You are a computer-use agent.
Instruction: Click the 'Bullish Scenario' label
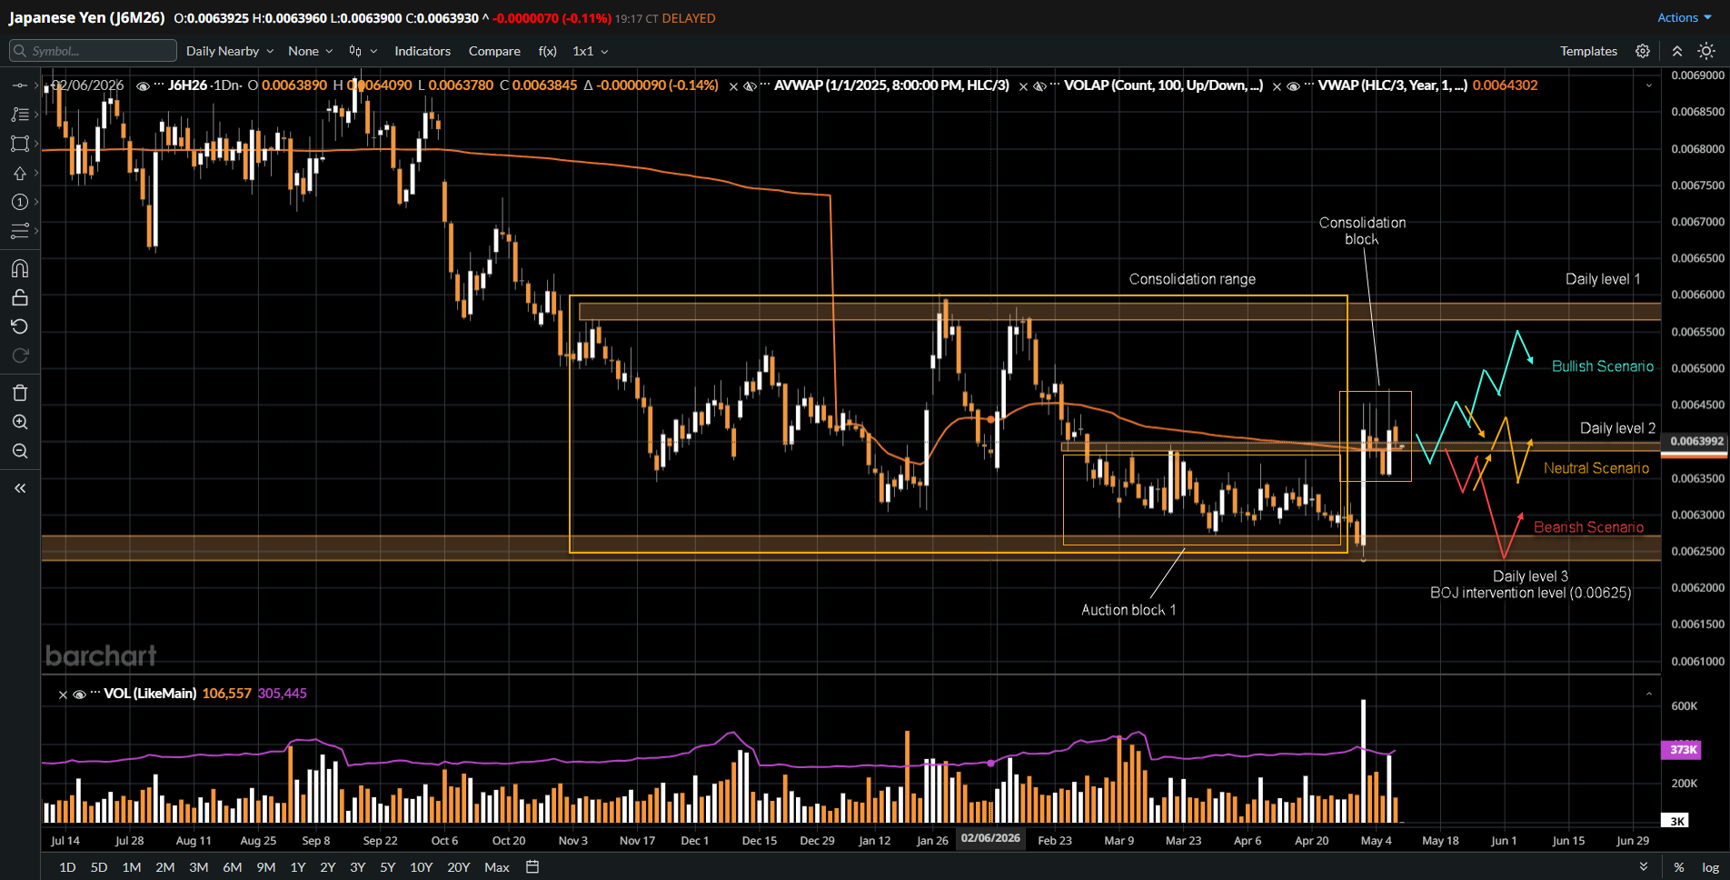1602,366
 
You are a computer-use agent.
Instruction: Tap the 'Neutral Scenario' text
1596,468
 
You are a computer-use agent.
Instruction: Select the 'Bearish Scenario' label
1588,527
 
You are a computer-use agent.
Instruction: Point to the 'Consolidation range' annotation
1192,279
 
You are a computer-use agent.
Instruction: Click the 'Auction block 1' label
1128,610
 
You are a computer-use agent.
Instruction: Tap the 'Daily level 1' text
1603,279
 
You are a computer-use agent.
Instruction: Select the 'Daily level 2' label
1617,428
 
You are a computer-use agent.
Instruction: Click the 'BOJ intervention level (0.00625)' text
1531,593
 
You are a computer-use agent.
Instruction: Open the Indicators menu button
423,51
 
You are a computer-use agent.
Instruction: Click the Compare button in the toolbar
494,51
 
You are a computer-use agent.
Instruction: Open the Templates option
1588,51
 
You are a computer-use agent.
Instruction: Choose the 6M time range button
232,867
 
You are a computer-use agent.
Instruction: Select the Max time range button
497,867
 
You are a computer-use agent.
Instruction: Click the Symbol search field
93,51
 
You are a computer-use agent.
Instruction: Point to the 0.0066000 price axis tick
1697,295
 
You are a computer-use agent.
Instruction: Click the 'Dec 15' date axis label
759,841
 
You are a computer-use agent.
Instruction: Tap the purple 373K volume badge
1683,750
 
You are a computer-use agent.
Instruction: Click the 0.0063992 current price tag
1696,441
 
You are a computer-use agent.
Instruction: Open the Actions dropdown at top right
1684,17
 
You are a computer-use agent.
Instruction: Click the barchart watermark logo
101,655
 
